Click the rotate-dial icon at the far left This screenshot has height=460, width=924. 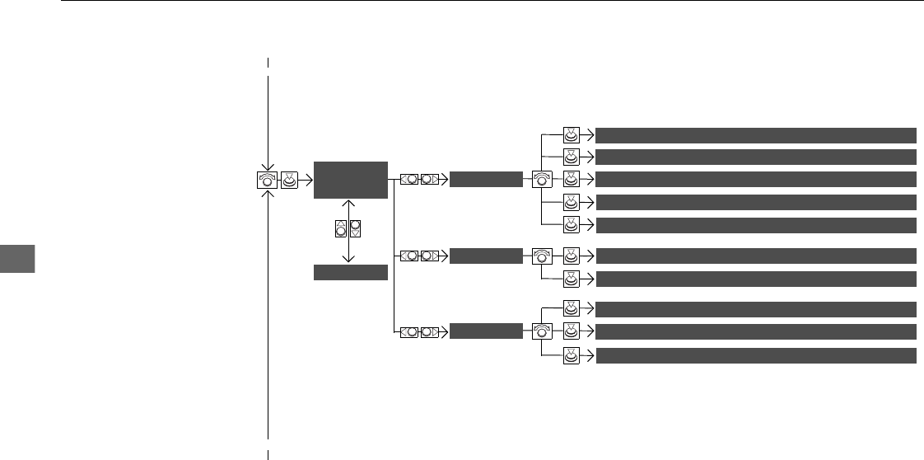pyautogui.click(x=266, y=179)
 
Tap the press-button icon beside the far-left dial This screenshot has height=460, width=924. pyautogui.click(x=290, y=179)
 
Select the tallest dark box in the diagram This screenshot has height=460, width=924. pyautogui.click(x=350, y=180)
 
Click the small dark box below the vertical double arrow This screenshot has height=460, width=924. pyautogui.click(x=350, y=273)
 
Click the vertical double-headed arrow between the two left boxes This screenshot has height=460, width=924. pyautogui.click(x=349, y=230)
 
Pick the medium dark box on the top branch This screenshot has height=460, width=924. pyautogui.click(x=486, y=179)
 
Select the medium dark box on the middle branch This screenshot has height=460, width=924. pyautogui.click(x=486, y=256)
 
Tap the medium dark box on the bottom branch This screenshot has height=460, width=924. pyautogui.click(x=486, y=331)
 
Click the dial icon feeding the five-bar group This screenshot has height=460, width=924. pyautogui.click(x=541, y=179)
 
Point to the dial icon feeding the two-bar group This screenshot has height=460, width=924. pyautogui.click(x=541, y=256)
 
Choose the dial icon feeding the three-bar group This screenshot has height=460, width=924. pyautogui.click(x=541, y=331)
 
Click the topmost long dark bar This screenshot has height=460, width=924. pyautogui.click(x=756, y=135)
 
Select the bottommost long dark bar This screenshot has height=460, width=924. pyautogui.click(x=756, y=355)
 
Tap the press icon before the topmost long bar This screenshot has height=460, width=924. pyautogui.click(x=572, y=135)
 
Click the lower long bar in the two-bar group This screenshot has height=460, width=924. pyautogui.click(x=756, y=279)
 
